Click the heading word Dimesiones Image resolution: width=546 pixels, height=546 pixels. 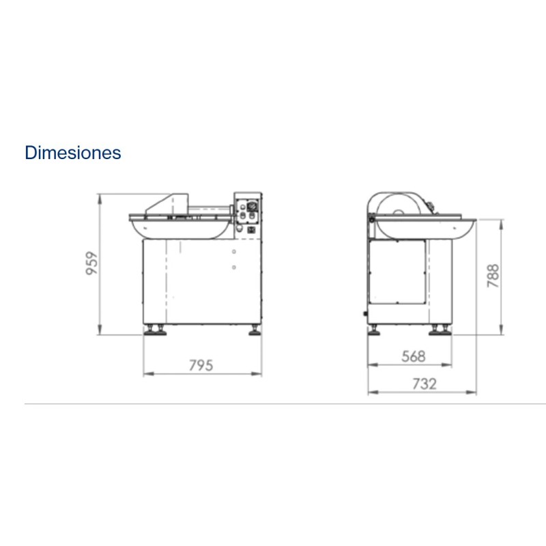click(x=73, y=152)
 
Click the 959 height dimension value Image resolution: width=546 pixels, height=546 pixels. click(x=92, y=263)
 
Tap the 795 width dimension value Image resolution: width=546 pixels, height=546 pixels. click(x=201, y=365)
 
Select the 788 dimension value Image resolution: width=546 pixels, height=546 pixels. click(x=493, y=276)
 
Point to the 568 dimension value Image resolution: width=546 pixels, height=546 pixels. click(x=414, y=356)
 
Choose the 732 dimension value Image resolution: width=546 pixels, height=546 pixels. click(x=424, y=384)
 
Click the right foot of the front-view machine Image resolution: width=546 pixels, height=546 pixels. click(x=255, y=330)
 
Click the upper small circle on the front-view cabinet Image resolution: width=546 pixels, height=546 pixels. click(x=234, y=251)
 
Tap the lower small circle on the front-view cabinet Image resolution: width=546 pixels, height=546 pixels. click(x=234, y=267)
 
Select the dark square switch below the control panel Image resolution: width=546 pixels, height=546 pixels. click(x=251, y=230)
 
